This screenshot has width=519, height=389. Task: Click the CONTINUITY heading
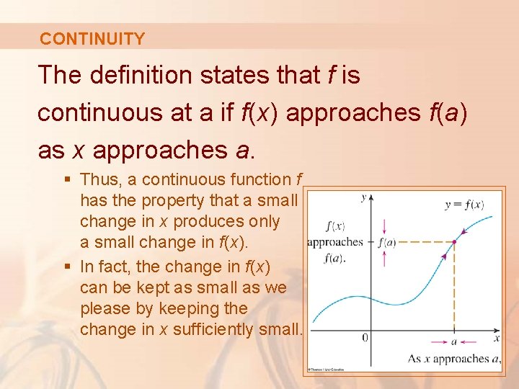(x=92, y=39)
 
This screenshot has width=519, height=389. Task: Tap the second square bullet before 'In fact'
(x=68, y=267)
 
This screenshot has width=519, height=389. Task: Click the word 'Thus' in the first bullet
(x=97, y=179)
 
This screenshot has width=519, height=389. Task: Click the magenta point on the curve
(x=453, y=242)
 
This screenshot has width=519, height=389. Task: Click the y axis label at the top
(x=363, y=196)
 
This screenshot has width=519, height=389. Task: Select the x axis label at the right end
(x=496, y=337)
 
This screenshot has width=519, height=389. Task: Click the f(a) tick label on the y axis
(x=387, y=242)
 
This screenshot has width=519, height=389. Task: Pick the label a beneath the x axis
(x=453, y=341)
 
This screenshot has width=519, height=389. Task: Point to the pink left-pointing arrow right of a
(x=470, y=341)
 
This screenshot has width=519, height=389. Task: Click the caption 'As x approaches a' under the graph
(x=453, y=358)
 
